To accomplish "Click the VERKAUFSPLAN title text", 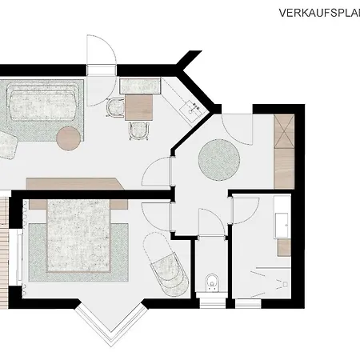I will (x=318, y=12).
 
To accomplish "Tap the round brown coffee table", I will (x=69, y=138).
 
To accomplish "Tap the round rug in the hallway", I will (x=219, y=158).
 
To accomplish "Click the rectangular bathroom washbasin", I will (x=282, y=216).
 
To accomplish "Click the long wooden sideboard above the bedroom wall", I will (x=76, y=183).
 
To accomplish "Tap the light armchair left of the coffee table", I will (x=8, y=145).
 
